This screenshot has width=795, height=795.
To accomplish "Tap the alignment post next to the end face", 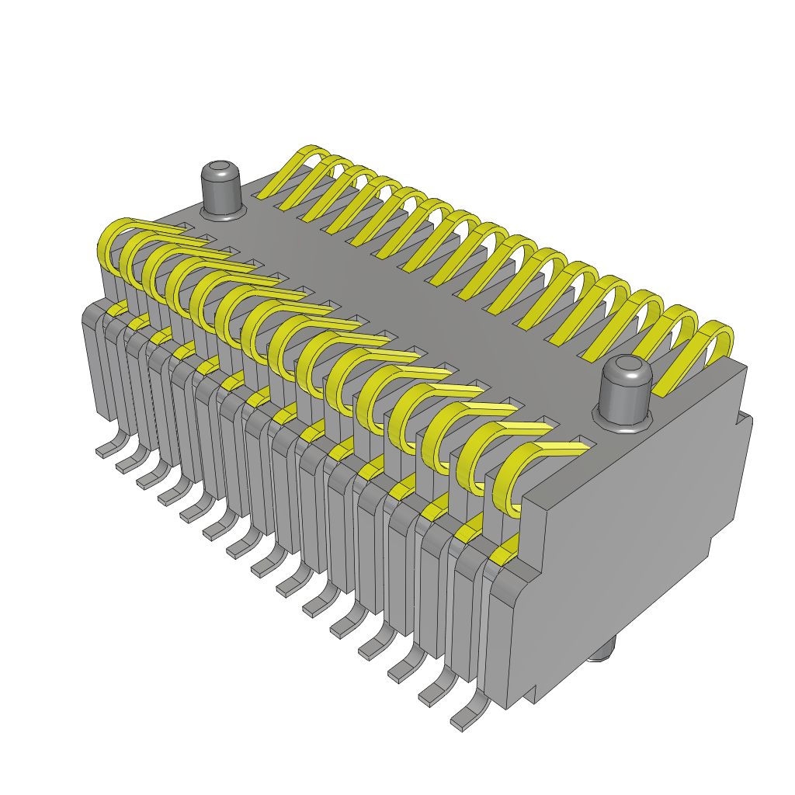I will click(x=626, y=392).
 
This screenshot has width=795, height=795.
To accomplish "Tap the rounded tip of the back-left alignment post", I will click(x=221, y=168).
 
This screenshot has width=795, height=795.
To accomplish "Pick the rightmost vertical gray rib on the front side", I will click(x=497, y=637).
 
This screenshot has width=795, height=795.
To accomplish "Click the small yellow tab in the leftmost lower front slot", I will click(x=117, y=311).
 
